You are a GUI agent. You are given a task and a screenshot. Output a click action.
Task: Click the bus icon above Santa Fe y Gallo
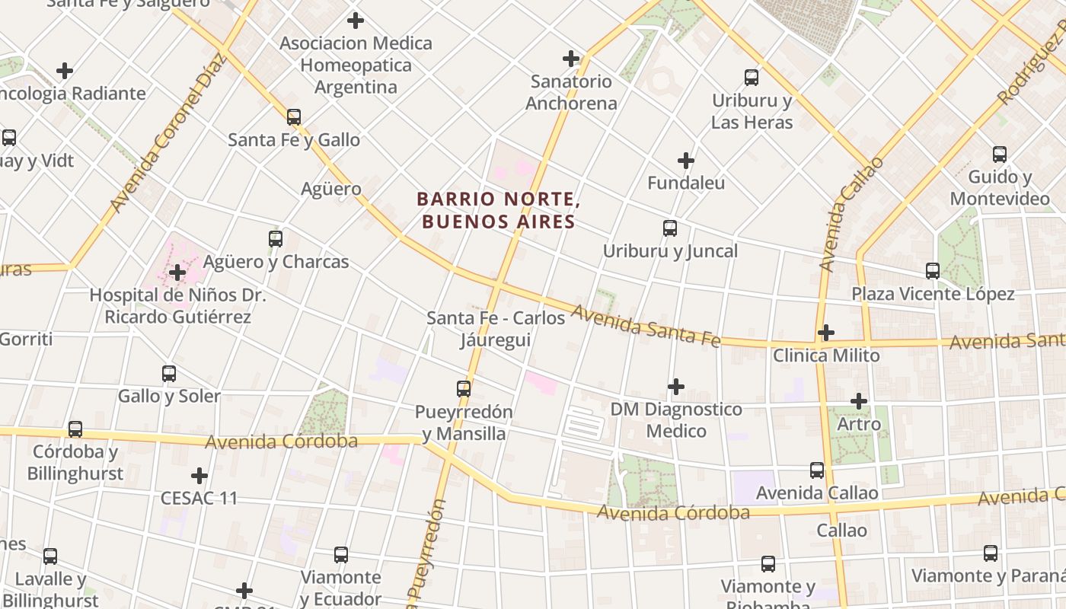(294, 117)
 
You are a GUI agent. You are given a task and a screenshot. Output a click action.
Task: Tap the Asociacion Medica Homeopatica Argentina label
(356, 65)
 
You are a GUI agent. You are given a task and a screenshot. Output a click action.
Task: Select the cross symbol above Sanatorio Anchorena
(571, 58)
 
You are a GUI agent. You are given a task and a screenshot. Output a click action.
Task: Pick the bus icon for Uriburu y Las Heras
(752, 77)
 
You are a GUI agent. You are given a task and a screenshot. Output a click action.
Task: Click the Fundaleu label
(685, 183)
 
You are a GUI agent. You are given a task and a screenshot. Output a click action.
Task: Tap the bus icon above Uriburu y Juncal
(670, 228)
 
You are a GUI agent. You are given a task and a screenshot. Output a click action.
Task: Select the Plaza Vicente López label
(933, 294)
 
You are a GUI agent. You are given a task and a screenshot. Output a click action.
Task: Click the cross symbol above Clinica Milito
(826, 333)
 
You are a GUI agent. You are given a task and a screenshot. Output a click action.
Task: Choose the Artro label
(859, 424)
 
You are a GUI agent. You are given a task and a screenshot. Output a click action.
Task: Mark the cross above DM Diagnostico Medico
(676, 387)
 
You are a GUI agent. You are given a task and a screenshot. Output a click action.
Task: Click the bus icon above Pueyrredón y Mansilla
(464, 389)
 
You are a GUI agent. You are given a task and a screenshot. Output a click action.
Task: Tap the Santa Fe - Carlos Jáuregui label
(496, 328)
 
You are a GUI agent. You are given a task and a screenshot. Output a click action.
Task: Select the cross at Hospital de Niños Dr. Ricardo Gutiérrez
(177, 273)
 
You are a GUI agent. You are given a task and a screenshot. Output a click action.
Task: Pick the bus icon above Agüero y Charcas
(276, 239)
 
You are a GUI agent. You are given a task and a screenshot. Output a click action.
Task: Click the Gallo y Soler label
(169, 396)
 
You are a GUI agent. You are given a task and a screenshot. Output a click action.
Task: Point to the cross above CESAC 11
(199, 476)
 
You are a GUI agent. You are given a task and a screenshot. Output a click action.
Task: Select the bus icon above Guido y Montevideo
(1000, 155)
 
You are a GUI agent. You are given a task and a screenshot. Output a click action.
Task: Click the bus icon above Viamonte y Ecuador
(341, 555)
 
